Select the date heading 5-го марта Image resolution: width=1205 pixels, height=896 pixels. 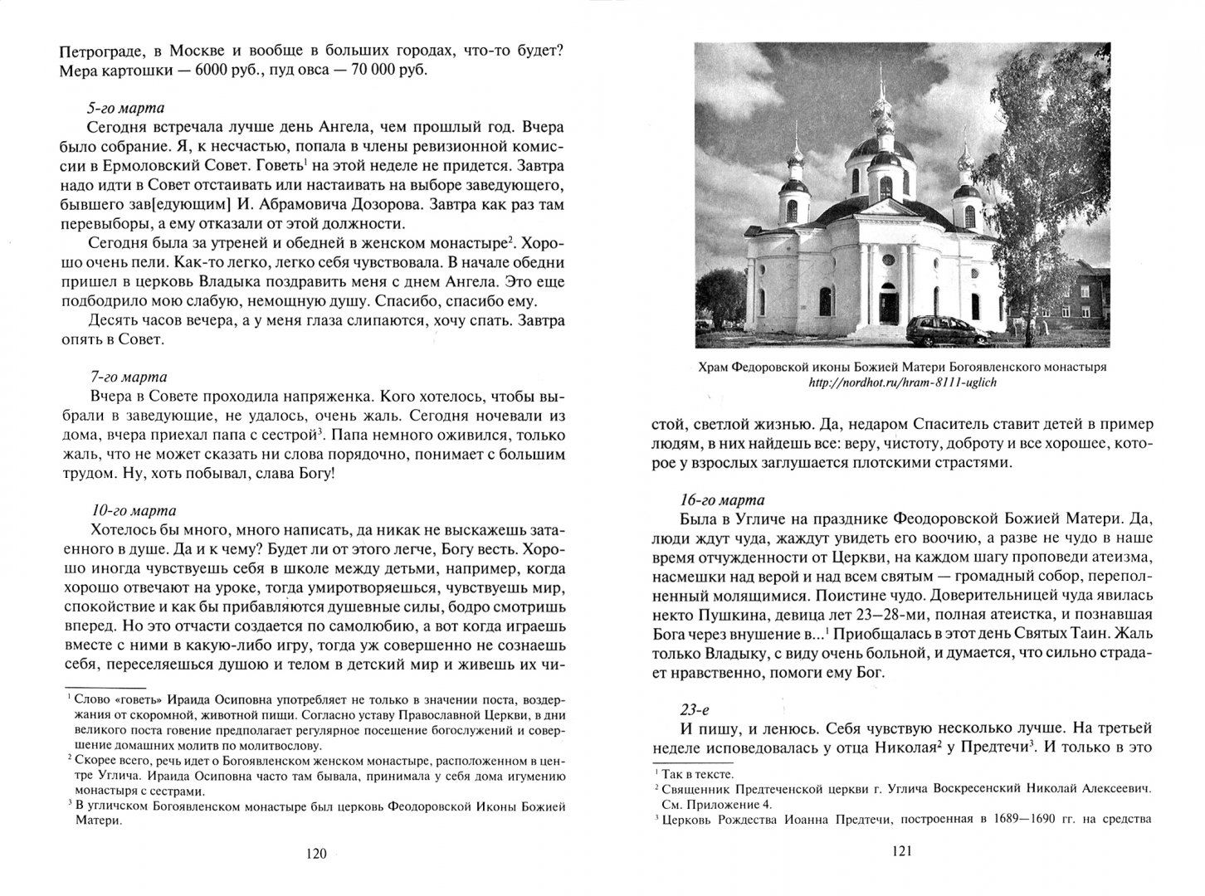pyautogui.click(x=124, y=107)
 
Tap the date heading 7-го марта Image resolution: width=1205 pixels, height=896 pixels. pyautogui.click(x=124, y=376)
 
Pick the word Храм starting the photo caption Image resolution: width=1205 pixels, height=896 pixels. pyautogui.click(x=714, y=367)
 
